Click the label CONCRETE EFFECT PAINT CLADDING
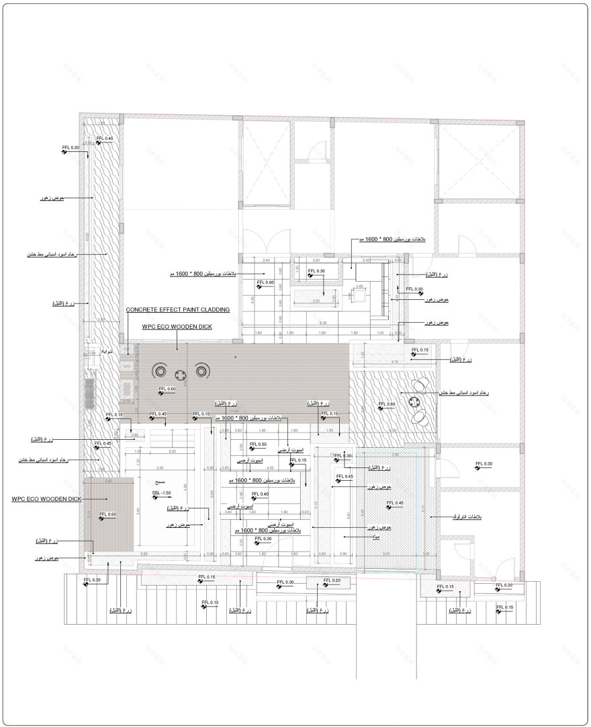(x=177, y=310)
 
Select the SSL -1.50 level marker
(x=161, y=494)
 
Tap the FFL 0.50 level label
(x=259, y=445)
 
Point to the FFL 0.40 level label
(x=260, y=494)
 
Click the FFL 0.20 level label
(x=332, y=580)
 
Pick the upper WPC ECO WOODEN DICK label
(x=177, y=327)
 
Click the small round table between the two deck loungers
(x=181, y=375)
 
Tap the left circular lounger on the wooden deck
(x=161, y=371)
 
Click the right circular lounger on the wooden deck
(x=201, y=371)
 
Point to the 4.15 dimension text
(x=394, y=362)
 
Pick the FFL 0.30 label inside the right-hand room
(x=484, y=464)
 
